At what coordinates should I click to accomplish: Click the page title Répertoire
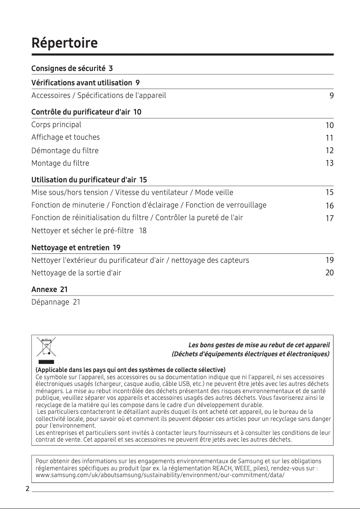tap(64, 44)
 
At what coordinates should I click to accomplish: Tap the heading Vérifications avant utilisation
tap(81, 83)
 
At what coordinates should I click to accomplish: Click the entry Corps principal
tap(56, 124)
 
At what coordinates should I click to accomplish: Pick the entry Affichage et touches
tap(66, 137)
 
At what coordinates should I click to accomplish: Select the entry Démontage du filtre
tap(65, 150)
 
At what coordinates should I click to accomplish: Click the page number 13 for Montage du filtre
tap(329, 164)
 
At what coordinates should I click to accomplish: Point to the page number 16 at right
tap(329, 206)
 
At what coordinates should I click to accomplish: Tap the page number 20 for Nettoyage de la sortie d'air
tap(329, 273)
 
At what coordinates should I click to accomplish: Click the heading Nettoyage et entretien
tap(70, 248)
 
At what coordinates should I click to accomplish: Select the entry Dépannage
tap(49, 302)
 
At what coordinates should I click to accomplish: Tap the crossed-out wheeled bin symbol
tap(46, 347)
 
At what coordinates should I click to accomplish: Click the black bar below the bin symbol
tap(46, 362)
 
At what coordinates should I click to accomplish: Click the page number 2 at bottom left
tap(27, 489)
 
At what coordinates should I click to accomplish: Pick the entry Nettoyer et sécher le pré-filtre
tap(83, 231)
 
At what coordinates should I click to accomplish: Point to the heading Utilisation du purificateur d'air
tap(83, 180)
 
